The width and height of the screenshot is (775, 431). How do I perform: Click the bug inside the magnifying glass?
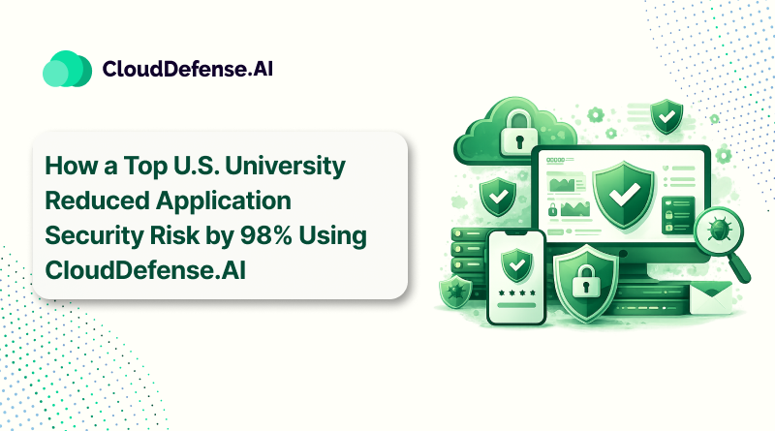point(718,228)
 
